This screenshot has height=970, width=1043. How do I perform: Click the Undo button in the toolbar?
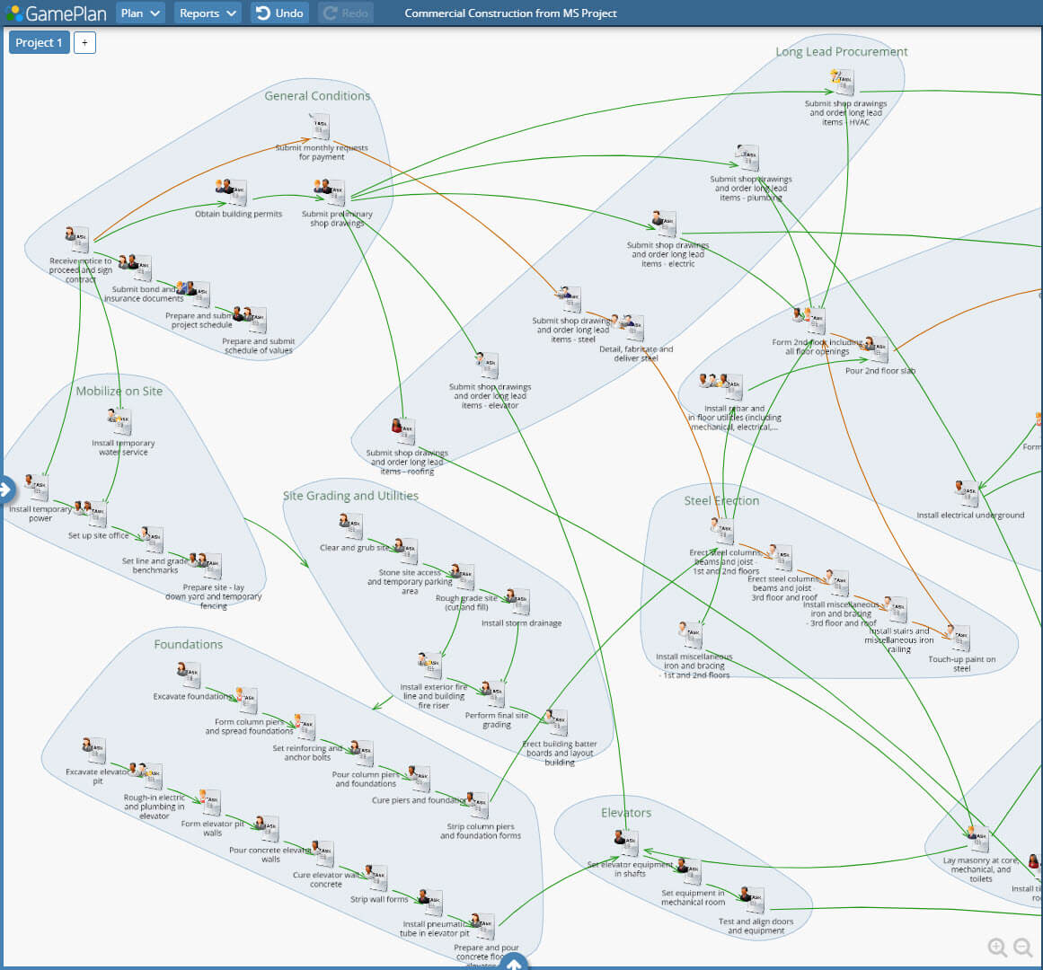pos(279,13)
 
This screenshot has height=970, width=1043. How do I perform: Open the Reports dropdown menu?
pos(207,13)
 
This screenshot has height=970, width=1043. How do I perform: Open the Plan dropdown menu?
pos(141,13)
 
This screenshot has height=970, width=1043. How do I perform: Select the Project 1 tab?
pos(39,42)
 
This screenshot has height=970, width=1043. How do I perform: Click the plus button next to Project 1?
pos(84,42)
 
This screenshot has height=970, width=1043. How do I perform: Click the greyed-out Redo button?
pos(346,13)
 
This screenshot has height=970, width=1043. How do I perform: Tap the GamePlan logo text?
pos(65,13)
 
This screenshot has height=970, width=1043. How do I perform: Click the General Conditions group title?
pos(317,96)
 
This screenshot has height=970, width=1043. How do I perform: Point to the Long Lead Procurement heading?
pos(841,52)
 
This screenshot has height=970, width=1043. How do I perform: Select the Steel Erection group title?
pos(721,501)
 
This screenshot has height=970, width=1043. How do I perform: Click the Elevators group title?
pos(625,813)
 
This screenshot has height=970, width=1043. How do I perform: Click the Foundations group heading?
pos(188,645)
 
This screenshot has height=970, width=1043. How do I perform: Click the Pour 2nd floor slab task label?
pos(879,371)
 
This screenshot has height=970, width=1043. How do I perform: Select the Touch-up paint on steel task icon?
pos(959,639)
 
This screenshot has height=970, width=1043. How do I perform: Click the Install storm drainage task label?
pos(521,623)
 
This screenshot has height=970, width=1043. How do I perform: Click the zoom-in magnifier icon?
pos(997,947)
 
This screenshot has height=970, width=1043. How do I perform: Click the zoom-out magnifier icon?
pos(1023,947)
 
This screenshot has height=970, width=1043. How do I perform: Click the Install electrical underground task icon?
pos(967,493)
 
